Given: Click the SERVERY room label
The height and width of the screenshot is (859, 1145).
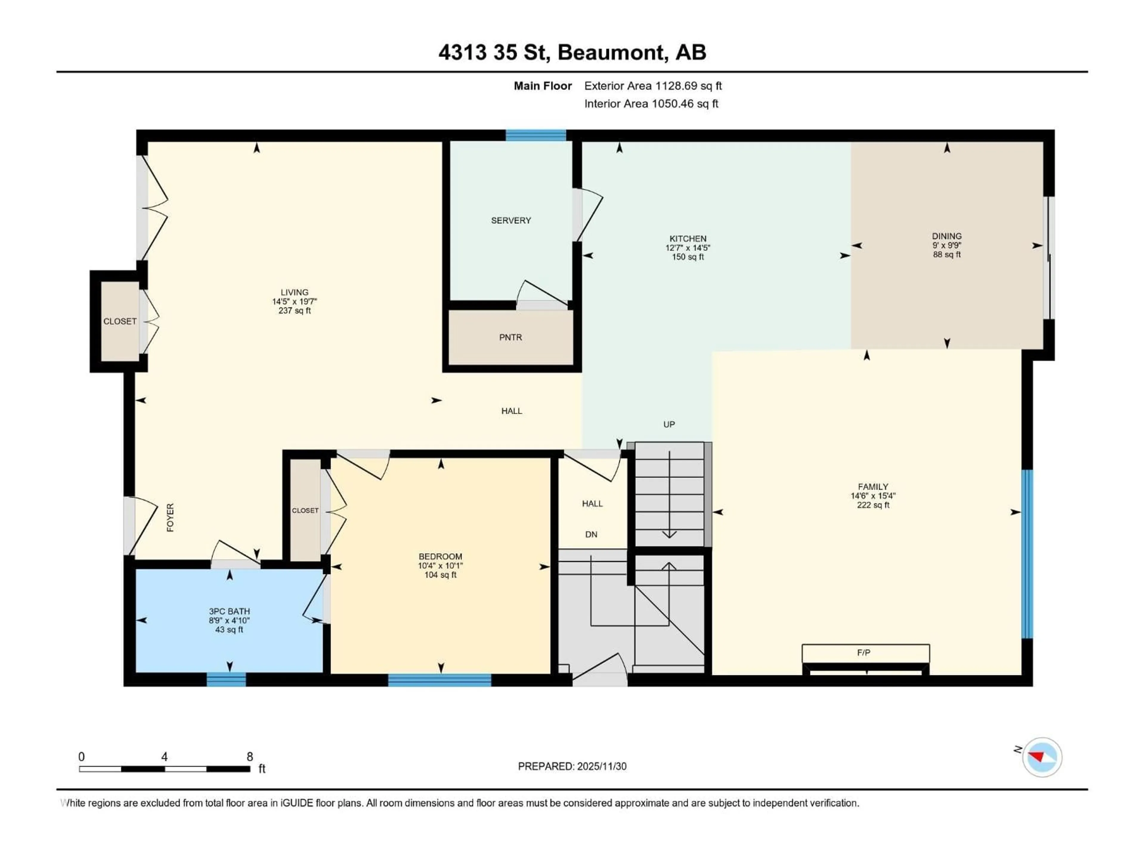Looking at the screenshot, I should [510, 221].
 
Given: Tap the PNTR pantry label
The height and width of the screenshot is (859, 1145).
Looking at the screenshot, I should [510, 338].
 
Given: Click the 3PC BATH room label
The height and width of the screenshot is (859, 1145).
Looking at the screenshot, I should [229, 611].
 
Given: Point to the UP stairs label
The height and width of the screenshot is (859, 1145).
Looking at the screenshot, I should [669, 425].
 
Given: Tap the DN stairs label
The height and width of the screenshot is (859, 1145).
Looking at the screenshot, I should [591, 534].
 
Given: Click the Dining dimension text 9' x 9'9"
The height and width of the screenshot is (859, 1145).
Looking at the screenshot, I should [947, 245].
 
